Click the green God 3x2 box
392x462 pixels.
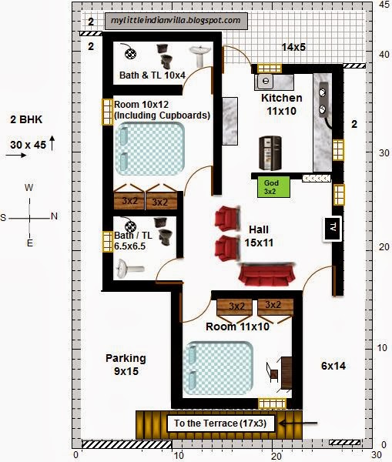click(x=274, y=187)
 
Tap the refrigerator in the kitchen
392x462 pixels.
click(x=270, y=153)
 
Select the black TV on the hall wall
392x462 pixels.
click(x=333, y=229)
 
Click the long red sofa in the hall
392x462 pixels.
click(x=266, y=275)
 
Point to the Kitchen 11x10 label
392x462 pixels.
click(x=282, y=104)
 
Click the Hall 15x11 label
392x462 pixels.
click(x=259, y=236)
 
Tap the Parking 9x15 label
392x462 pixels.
click(x=126, y=364)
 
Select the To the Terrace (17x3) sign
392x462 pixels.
click(x=220, y=423)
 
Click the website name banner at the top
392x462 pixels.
click(x=176, y=21)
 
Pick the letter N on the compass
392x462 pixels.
click(x=54, y=216)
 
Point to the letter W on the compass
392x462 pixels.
click(x=29, y=187)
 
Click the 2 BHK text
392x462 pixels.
click(x=26, y=119)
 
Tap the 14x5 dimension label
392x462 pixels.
click(x=293, y=47)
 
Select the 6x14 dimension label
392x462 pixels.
click(x=333, y=366)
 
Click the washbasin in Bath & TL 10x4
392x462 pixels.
click(x=199, y=55)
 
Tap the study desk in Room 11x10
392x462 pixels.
click(x=286, y=373)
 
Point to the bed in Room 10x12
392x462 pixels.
click(x=150, y=149)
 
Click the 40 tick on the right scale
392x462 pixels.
click(x=384, y=55)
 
